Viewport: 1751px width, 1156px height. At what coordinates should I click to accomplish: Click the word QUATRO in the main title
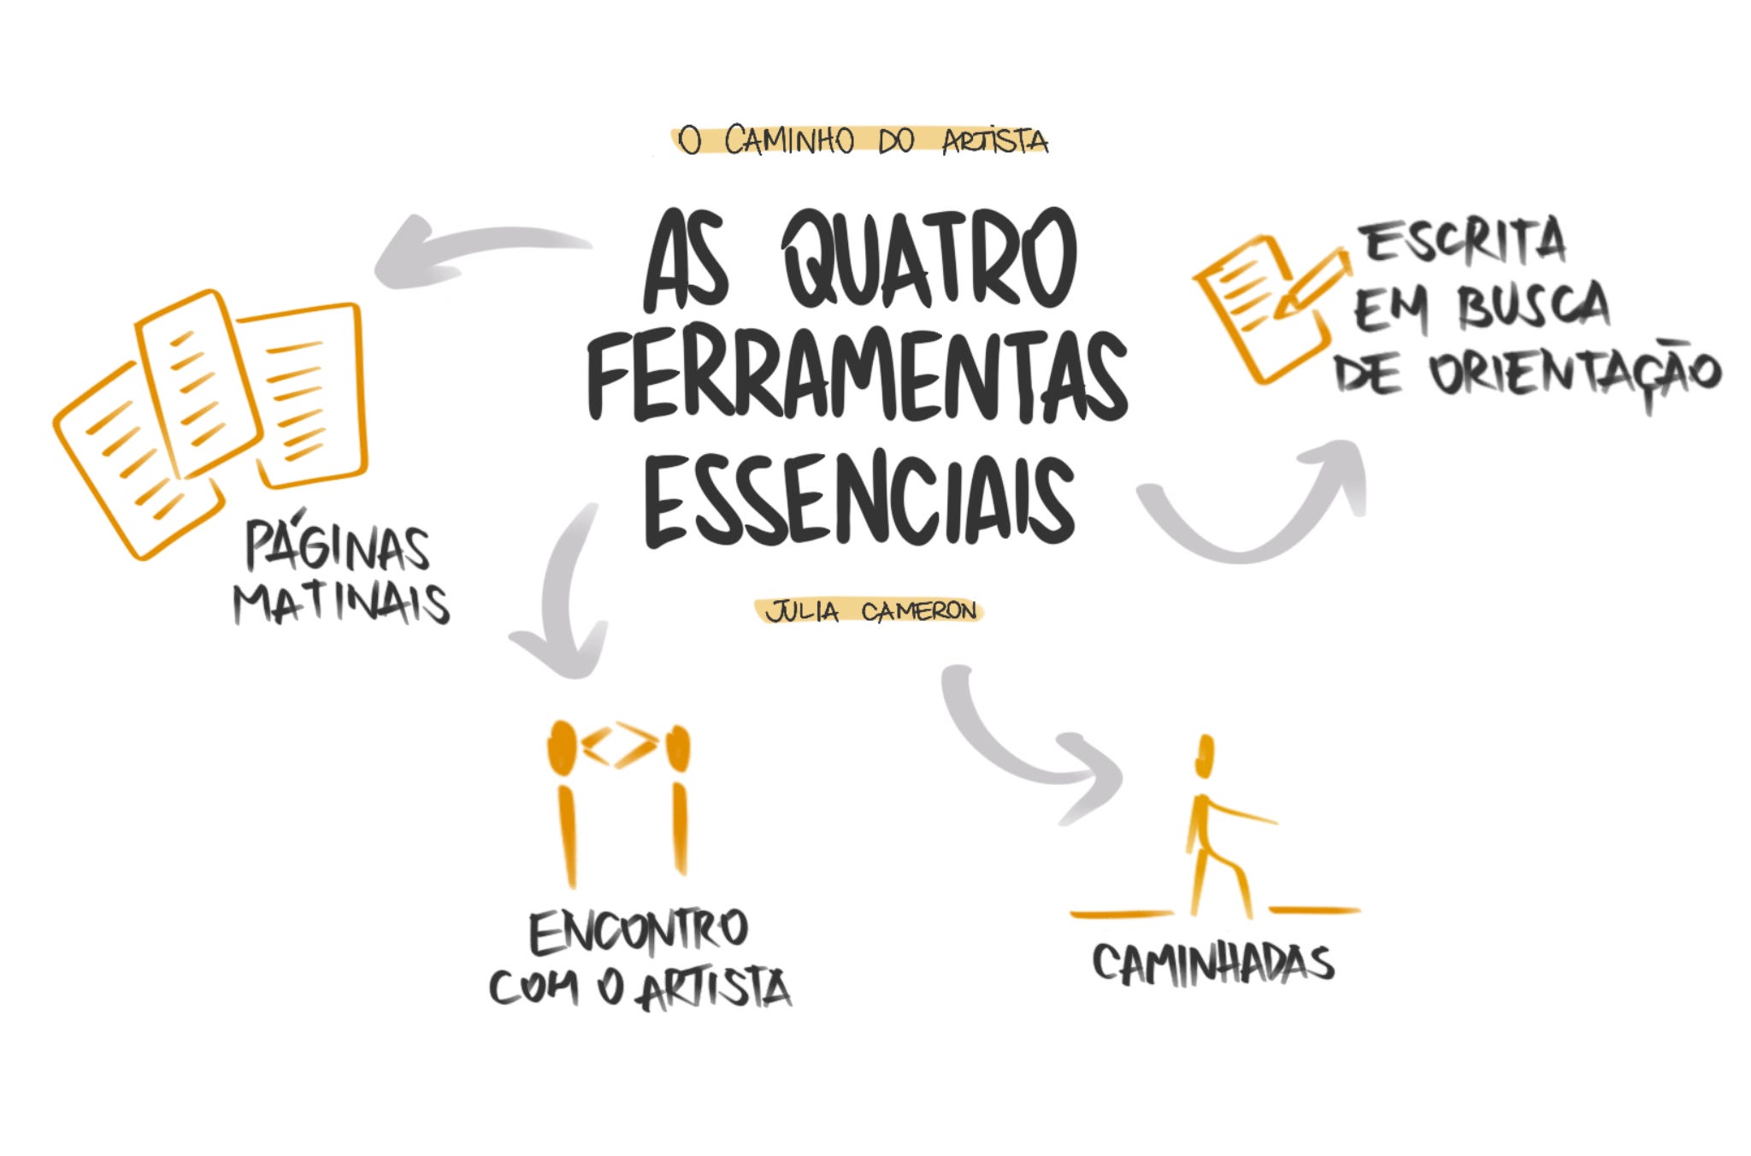[x=930, y=260]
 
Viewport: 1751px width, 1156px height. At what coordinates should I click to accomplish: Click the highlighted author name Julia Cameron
[x=870, y=611]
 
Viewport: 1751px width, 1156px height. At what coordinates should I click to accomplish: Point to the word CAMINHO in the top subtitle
[x=788, y=140]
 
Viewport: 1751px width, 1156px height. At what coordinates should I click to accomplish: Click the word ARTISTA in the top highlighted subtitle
[x=994, y=141]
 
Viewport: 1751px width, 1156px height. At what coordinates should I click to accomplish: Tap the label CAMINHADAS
[x=1213, y=964]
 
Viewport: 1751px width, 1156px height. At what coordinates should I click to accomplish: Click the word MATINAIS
[x=341, y=604]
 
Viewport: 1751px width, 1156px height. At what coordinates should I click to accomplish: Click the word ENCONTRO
[x=639, y=931]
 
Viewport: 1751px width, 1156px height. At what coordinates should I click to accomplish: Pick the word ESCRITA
[x=1465, y=242]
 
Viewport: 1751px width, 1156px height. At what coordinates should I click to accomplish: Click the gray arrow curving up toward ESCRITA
[x=1257, y=513]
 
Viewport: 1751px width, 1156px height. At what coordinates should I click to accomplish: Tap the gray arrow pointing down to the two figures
[x=560, y=599]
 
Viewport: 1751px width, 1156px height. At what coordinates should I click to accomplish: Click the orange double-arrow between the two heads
[x=620, y=745]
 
